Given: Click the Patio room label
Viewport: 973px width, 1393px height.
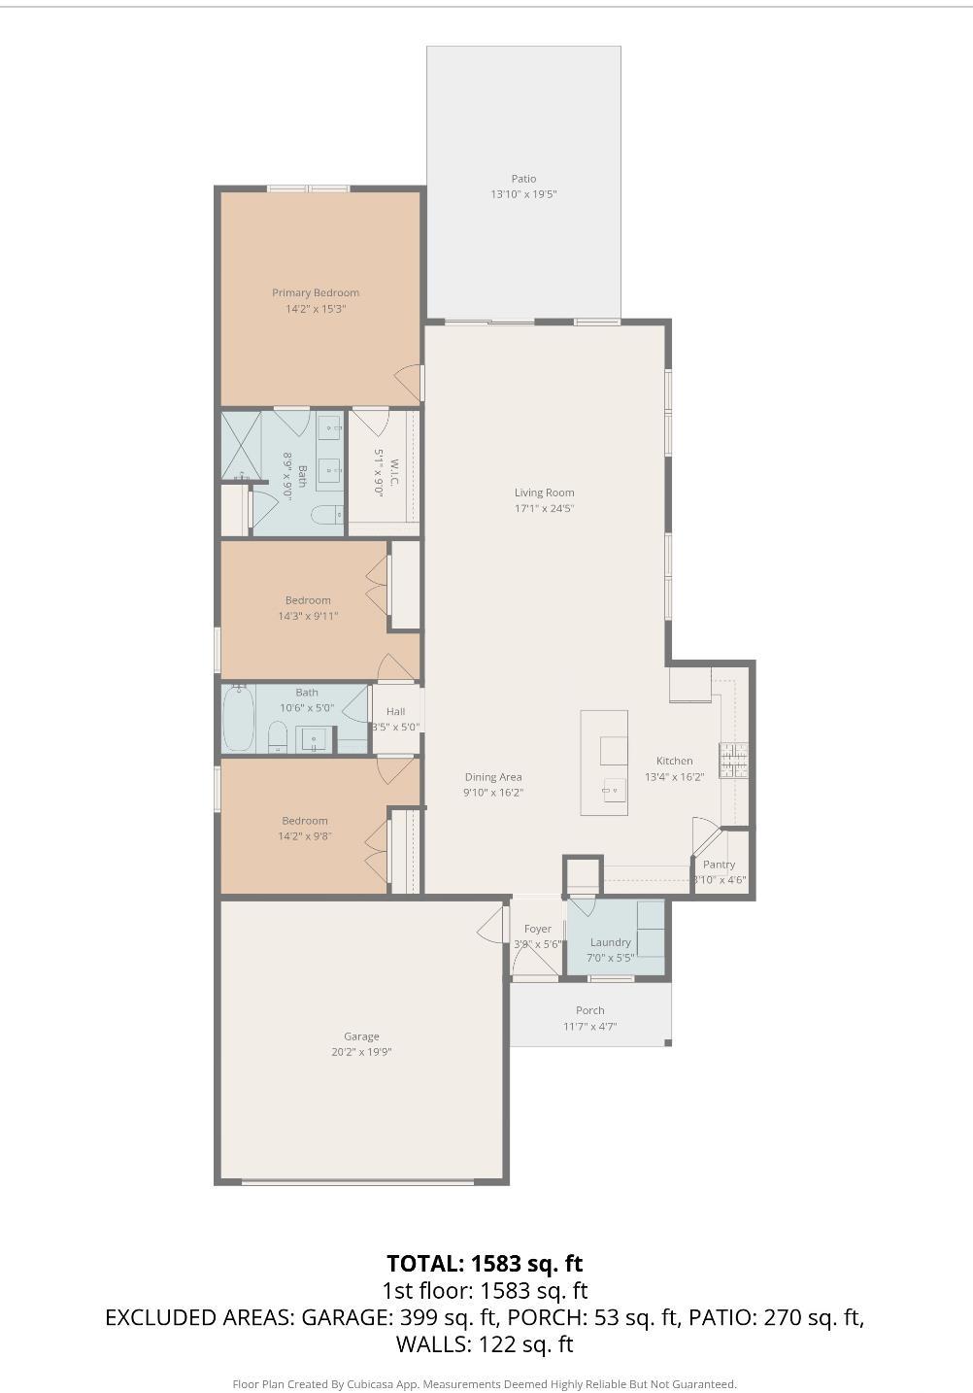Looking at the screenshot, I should click(x=523, y=179).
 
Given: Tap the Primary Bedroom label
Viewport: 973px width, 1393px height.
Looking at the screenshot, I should click(x=316, y=292).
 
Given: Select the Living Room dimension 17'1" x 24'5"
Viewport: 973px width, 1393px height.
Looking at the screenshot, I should click(x=544, y=508).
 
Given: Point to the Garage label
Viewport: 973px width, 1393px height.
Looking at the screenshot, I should click(x=361, y=1036).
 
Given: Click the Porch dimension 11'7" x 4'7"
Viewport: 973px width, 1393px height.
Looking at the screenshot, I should click(x=590, y=1027).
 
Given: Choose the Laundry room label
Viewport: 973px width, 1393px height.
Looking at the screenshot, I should click(x=611, y=942).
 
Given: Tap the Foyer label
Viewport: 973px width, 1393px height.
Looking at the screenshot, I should click(x=537, y=929).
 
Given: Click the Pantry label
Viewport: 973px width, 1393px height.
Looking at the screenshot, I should click(x=720, y=865).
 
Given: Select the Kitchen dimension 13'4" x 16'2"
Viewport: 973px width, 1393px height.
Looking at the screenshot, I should click(x=674, y=777).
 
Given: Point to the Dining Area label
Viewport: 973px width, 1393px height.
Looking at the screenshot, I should click(x=493, y=777).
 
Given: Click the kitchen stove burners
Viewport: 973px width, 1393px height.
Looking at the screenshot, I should click(x=733, y=760).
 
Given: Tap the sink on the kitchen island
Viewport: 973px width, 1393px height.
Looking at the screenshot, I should click(x=613, y=789).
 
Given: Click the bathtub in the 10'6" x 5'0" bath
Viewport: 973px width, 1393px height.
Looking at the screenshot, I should click(x=238, y=718).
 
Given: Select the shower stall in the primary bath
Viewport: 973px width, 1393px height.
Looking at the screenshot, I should click(x=242, y=446).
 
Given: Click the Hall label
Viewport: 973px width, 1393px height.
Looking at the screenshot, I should click(x=395, y=712).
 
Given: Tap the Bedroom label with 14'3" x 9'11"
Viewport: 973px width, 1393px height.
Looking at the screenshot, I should click(x=308, y=600).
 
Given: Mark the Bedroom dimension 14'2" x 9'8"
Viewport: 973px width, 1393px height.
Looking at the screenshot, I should click(x=305, y=836).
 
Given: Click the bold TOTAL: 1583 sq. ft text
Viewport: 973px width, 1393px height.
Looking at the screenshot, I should click(x=485, y=1263).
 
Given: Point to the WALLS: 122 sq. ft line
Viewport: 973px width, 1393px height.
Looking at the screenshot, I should click(x=485, y=1344).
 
